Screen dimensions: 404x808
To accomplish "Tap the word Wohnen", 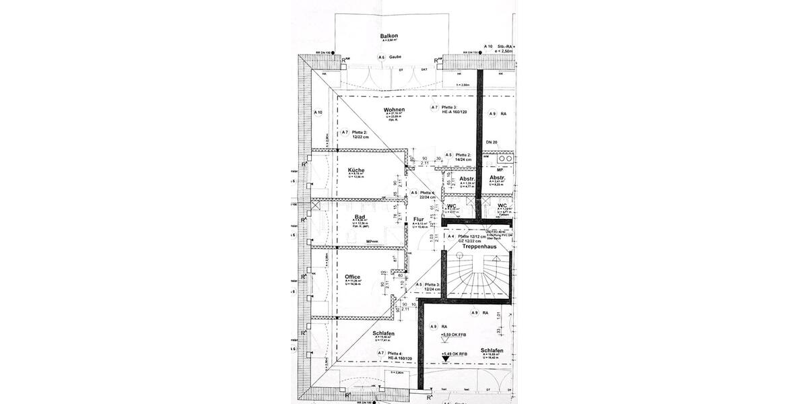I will click(394, 110).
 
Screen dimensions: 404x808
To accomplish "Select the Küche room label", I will click(356, 171).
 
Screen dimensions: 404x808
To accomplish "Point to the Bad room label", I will click(359, 217).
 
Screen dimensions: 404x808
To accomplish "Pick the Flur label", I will click(419, 220).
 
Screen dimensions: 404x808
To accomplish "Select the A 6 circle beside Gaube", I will click(381, 58).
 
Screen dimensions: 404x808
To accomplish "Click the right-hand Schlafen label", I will click(492, 351).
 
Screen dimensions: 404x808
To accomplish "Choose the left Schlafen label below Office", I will click(382, 334).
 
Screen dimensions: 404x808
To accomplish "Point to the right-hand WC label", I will click(502, 205).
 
